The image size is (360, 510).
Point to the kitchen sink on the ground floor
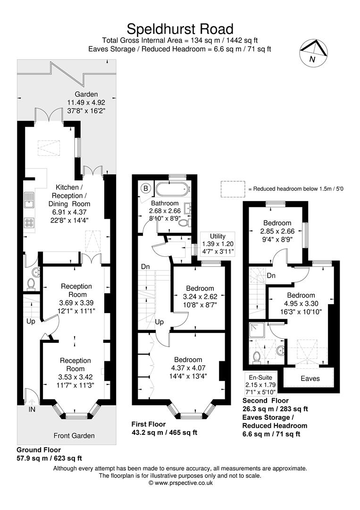[30, 201]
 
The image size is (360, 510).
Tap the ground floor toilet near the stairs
[31, 283]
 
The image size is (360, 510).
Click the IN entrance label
[32, 409]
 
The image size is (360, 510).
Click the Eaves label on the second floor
[310, 378]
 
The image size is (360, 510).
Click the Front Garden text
[74, 435]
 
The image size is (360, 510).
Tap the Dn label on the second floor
[271, 275]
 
